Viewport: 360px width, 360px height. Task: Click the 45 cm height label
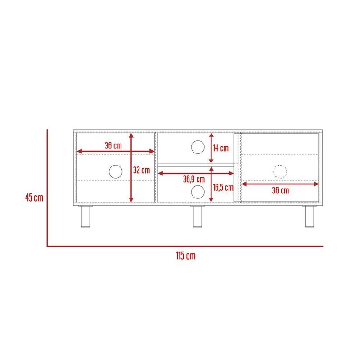(34, 198)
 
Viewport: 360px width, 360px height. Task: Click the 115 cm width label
(186, 256)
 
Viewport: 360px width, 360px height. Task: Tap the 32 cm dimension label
(141, 170)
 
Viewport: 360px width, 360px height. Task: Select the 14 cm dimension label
(220, 148)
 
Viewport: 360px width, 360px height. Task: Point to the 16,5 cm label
(223, 188)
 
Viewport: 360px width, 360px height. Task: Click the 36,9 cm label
(194, 179)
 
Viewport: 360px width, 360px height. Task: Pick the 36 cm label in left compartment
(113, 145)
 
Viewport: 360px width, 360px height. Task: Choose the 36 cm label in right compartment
(280, 190)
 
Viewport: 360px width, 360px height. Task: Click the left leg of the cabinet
(85, 216)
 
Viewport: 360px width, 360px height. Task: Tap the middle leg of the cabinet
(198, 216)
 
